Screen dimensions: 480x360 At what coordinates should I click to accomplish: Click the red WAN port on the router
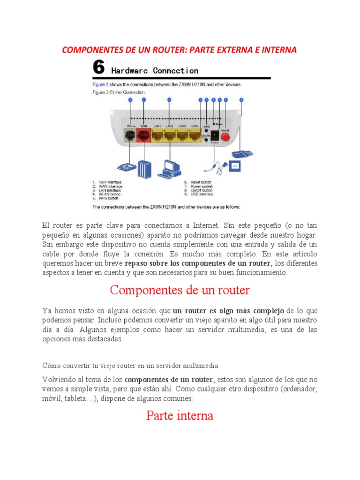143,136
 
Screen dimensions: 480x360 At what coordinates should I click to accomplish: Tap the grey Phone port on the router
130,136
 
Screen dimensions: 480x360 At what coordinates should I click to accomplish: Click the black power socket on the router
214,136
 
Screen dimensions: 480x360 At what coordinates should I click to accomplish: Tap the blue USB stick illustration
242,153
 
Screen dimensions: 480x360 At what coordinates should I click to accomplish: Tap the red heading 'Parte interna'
180,415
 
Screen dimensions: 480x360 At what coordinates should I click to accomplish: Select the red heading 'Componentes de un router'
180,290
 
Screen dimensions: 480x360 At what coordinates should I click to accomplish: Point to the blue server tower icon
143,167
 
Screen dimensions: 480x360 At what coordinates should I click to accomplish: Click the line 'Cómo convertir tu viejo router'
130,365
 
